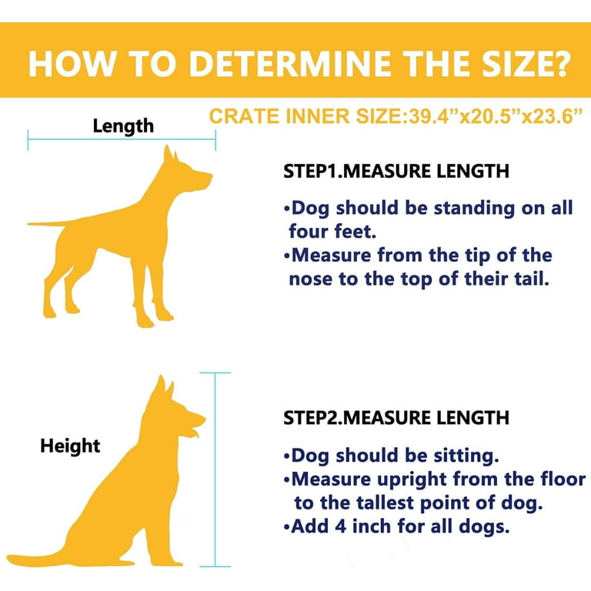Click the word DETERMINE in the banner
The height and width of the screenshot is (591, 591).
pos(290,63)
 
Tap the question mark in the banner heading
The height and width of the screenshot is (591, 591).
pos(559,63)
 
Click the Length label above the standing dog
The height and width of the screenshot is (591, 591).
pos(123,126)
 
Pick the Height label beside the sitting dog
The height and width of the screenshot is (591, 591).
pos(70,446)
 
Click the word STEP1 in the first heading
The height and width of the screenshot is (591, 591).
pos(311,172)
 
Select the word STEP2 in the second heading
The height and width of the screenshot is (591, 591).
pos(311,418)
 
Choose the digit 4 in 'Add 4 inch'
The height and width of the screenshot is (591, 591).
pos(341,526)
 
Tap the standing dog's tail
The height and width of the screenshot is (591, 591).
pos(47,223)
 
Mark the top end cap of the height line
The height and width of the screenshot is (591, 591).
pos(215,372)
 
